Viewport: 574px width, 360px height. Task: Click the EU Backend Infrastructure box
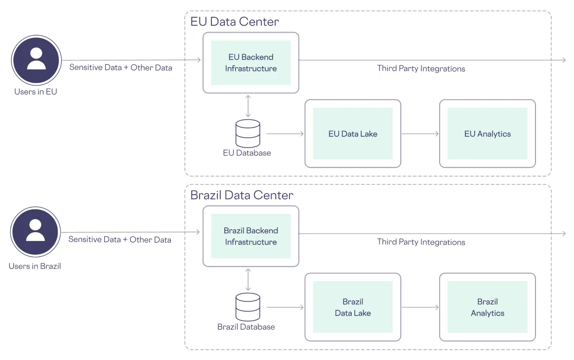pyautogui.click(x=250, y=63)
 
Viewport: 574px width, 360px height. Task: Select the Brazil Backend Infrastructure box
pyautogui.click(x=250, y=236)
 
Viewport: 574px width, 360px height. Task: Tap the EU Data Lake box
pyautogui.click(x=353, y=134)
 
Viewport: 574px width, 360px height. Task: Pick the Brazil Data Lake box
pyautogui.click(x=353, y=307)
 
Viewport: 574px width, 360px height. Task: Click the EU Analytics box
pyautogui.click(x=487, y=134)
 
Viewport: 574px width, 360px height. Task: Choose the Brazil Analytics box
pyautogui.click(x=487, y=307)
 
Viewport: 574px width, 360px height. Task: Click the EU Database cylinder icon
pyautogui.click(x=248, y=133)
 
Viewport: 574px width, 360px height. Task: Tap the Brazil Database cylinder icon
pyautogui.click(x=248, y=307)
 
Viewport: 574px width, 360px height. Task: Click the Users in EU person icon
pyautogui.click(x=36, y=60)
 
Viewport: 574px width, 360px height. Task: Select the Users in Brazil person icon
pyautogui.click(x=36, y=232)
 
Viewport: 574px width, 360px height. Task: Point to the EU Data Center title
pyautogui.click(x=235, y=22)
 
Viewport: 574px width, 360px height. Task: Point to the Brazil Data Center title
pyautogui.click(x=242, y=195)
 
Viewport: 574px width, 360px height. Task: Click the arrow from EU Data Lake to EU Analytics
pyautogui.click(x=420, y=134)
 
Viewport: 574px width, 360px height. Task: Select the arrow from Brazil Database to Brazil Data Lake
pyautogui.click(x=285, y=307)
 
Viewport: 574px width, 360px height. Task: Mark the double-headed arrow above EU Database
pyautogui.click(x=248, y=106)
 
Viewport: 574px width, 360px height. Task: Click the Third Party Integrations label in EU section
pyautogui.click(x=421, y=69)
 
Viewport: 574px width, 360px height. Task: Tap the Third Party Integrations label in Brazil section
pyautogui.click(x=421, y=242)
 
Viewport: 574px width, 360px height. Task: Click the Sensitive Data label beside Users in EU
pyautogui.click(x=121, y=67)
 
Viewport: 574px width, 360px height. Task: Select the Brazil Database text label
pyautogui.click(x=246, y=327)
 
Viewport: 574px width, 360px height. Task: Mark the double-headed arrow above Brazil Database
pyautogui.click(x=248, y=279)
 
